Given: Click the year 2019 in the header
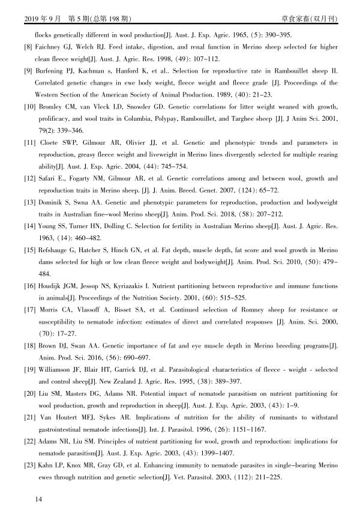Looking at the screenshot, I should (31, 18).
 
